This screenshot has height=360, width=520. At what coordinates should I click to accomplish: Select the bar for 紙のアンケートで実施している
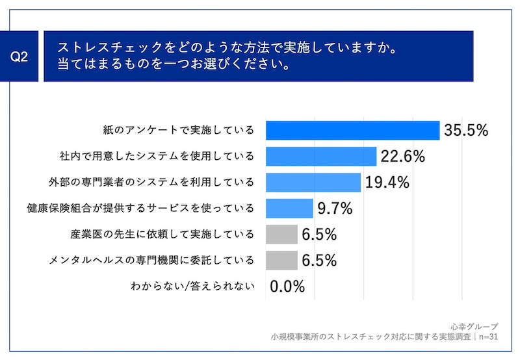click(353, 131)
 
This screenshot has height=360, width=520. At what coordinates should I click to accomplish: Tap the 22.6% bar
click(321, 157)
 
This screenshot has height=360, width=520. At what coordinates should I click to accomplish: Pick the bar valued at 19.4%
click(313, 183)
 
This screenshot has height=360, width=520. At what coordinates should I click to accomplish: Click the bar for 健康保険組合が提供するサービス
click(290, 209)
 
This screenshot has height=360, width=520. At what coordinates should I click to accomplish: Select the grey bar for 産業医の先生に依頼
click(282, 234)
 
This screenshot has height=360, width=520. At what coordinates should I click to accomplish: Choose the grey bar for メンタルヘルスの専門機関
click(282, 261)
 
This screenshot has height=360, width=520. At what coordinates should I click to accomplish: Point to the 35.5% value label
click(465, 131)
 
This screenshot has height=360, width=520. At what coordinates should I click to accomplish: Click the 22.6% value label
click(402, 157)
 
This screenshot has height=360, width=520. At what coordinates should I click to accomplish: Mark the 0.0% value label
click(287, 286)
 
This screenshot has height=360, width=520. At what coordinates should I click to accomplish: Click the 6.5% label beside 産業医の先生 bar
click(318, 234)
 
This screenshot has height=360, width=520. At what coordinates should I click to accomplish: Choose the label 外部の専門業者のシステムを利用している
click(152, 183)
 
